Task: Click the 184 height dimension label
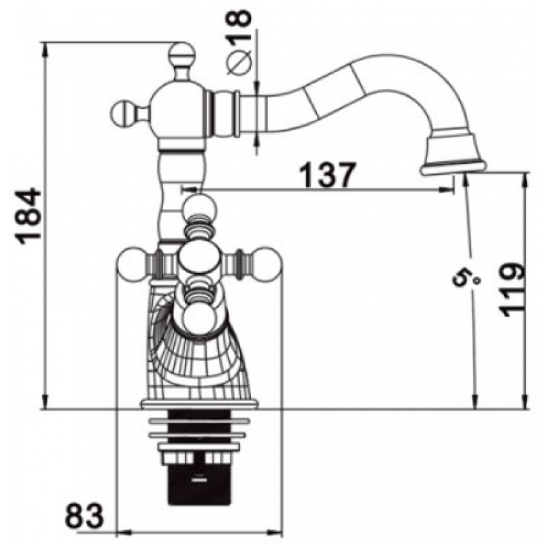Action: coord(29,216)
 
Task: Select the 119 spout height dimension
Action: coord(511,290)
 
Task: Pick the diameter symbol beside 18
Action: coord(239,62)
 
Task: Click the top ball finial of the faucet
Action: coord(181,55)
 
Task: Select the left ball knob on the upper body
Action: coord(124,113)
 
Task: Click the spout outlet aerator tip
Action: coord(453,166)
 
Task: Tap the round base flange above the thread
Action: coord(199,405)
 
